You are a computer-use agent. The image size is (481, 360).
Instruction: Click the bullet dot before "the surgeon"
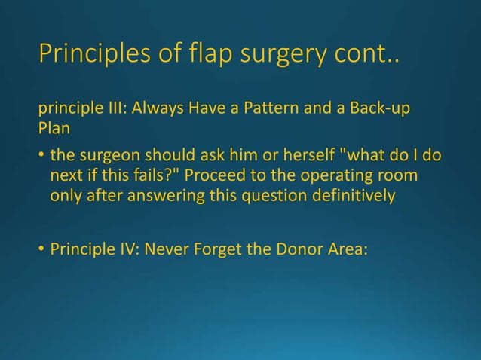point(41,157)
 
